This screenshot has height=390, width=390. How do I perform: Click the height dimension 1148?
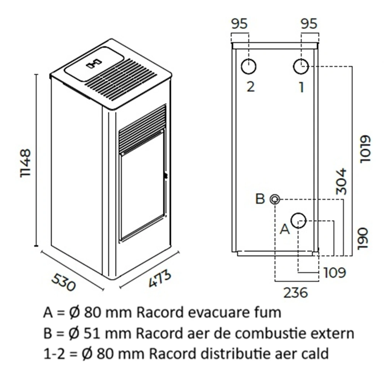pos(26,163)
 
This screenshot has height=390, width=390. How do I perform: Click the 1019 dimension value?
pos(366,149)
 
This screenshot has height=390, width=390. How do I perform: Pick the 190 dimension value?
pos(362,239)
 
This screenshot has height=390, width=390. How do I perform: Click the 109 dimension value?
pos(334,273)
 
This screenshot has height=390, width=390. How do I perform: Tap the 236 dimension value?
pos(295,292)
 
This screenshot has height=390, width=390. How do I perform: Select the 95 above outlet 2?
pos(239,24)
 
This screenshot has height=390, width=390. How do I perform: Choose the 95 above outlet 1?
pos(309,24)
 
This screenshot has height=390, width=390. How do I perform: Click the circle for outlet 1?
pos(301,67)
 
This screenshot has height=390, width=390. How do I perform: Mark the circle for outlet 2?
pos(249,67)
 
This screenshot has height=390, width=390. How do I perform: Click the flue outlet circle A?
pos(299,221)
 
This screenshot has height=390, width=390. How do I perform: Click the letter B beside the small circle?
pos(260,199)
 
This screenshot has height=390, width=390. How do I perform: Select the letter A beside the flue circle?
pos(284,229)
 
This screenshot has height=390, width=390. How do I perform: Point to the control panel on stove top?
pos(94,63)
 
